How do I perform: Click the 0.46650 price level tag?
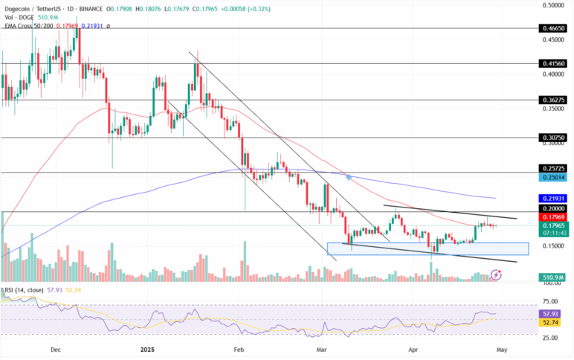552,28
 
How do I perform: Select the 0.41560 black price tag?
552,64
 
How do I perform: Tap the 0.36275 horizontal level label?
552,100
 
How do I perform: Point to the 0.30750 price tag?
552,138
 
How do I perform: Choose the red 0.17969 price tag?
552,217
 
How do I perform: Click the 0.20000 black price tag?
552,209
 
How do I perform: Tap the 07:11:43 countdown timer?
552,233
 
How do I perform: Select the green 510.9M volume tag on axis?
552,277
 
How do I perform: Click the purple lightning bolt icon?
496,274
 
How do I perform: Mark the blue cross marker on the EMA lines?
349,176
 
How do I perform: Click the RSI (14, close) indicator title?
23,290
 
